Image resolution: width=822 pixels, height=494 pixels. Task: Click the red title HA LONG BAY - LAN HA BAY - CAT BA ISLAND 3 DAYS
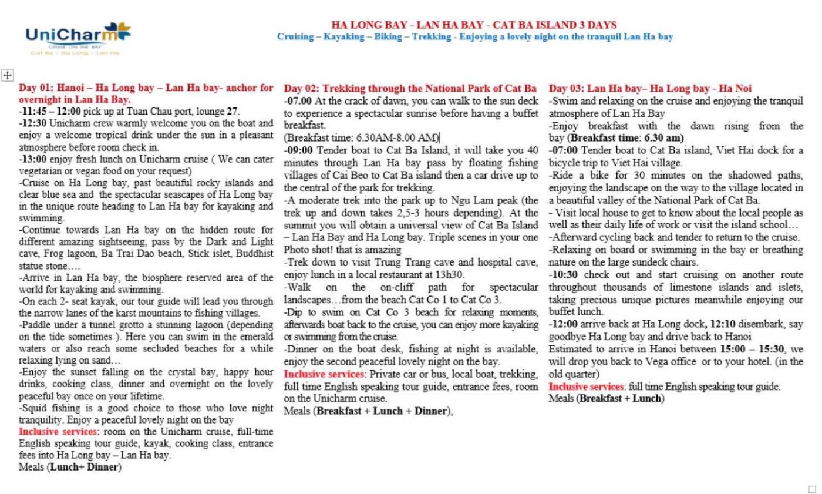474,25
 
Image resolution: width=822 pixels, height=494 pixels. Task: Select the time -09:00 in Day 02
296,150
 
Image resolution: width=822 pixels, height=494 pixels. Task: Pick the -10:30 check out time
563,275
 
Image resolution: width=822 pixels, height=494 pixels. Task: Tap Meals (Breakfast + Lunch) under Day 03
607,398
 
